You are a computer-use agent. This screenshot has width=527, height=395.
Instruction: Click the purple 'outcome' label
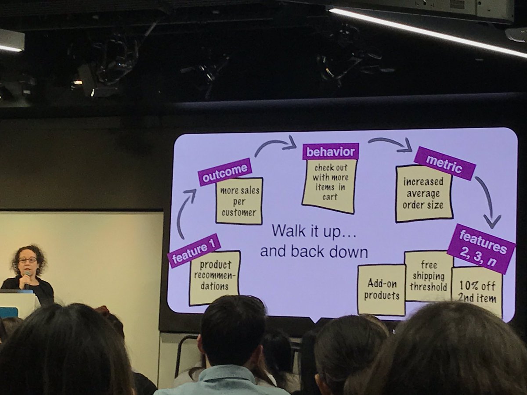(224, 172)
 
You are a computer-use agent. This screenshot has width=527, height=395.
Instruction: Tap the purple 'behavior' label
(330, 152)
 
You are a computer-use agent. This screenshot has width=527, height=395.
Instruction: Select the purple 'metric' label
(444, 163)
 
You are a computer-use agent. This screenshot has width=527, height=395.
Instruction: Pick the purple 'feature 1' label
(194, 251)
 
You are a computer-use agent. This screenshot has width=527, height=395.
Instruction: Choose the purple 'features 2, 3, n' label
(481, 248)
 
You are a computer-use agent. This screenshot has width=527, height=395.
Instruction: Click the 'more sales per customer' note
(239, 201)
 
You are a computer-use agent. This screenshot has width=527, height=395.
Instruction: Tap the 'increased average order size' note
(424, 194)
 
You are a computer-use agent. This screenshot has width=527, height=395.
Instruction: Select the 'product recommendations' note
(215, 278)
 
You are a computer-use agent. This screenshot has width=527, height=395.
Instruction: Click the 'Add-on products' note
(381, 290)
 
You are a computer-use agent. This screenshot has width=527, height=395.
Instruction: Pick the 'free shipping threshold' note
(428, 276)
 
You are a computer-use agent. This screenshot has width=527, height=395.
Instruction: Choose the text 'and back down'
(314, 252)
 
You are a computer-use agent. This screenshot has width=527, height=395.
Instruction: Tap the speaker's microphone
(27, 276)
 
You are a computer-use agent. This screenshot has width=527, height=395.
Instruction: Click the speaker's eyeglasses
(28, 260)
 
